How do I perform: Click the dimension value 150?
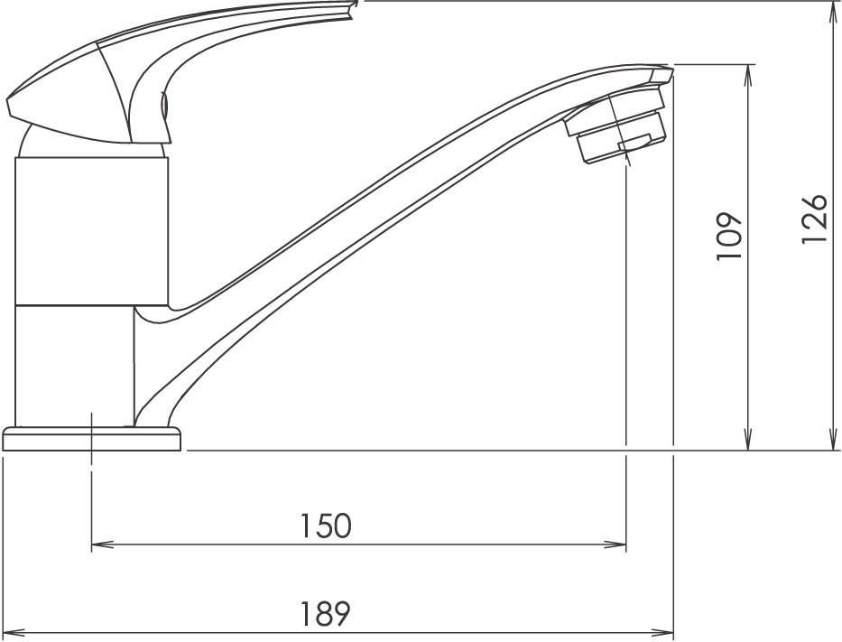tap(325, 526)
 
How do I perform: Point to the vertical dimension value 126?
tap(814, 219)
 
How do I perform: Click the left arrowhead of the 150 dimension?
tap(103, 544)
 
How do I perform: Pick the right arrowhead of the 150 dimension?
tap(615, 544)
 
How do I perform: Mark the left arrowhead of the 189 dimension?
tap(14, 632)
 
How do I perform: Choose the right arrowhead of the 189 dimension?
tap(662, 632)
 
